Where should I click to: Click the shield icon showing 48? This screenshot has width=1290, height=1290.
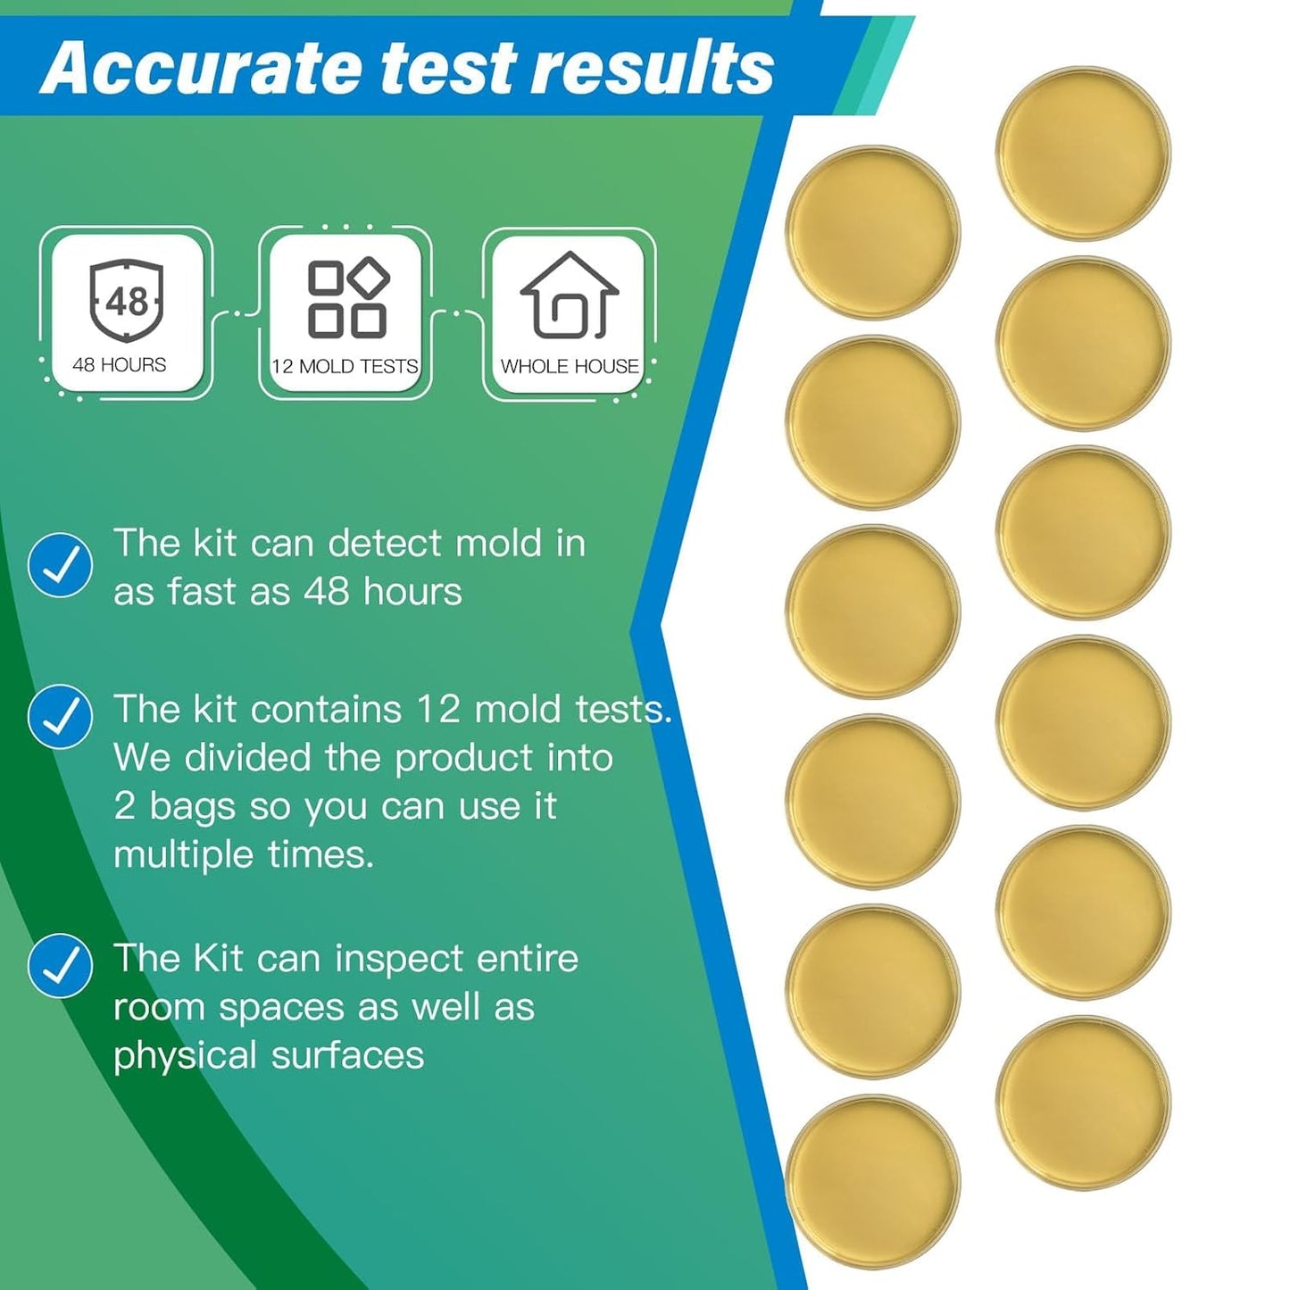pyautogui.click(x=126, y=300)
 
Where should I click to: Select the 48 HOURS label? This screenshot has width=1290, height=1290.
pyautogui.click(x=120, y=365)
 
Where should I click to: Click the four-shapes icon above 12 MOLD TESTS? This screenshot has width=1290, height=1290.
pyautogui.click(x=347, y=299)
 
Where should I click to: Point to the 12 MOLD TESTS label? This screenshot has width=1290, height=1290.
pyautogui.click(x=345, y=366)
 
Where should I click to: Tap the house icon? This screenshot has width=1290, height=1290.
pyautogui.click(x=570, y=296)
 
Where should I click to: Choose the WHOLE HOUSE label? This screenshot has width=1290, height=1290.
pyautogui.click(x=570, y=366)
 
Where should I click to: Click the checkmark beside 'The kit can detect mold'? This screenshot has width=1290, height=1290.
pyautogui.click(x=60, y=565)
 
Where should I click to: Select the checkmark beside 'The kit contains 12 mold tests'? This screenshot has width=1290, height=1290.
pyautogui.click(x=60, y=716)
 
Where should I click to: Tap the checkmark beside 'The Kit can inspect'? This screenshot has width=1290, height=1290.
pyautogui.click(x=60, y=965)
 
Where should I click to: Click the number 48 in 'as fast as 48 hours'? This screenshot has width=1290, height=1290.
pyautogui.click(x=326, y=592)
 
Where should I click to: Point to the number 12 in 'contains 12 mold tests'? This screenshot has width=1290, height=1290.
pyautogui.click(x=437, y=710)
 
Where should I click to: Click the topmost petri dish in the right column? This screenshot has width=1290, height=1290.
pyautogui.click(x=1083, y=154)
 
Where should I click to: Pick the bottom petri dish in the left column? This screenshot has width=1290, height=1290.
pyautogui.click(x=872, y=1181)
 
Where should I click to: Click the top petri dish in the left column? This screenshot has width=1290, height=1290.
pyautogui.click(x=872, y=232)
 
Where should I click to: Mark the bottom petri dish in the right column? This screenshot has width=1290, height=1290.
pyautogui.click(x=1083, y=1103)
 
